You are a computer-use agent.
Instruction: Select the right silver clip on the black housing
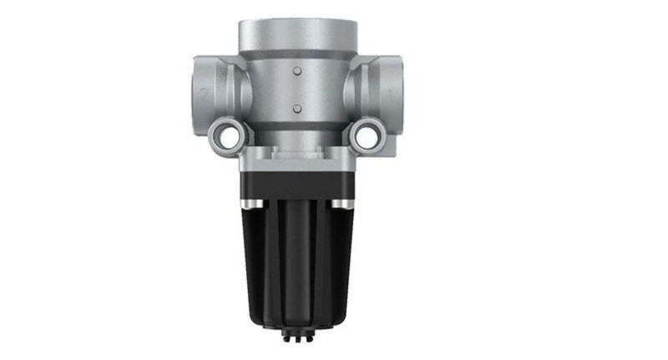340,204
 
